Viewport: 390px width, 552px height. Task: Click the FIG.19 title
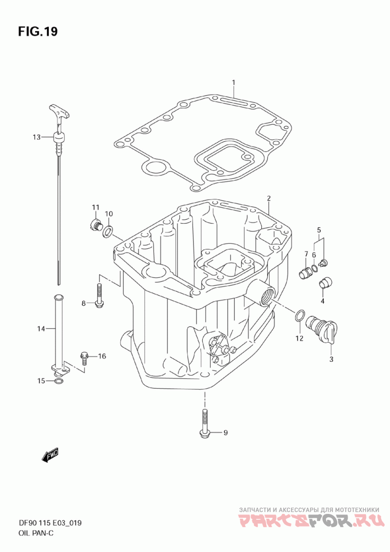point(38,31)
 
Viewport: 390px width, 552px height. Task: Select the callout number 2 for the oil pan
point(269,198)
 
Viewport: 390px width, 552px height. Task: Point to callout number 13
point(37,138)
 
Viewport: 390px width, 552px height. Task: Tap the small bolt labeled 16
point(84,358)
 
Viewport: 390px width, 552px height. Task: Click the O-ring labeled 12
point(299,316)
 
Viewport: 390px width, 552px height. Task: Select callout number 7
point(306,254)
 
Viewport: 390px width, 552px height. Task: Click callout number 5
point(319,230)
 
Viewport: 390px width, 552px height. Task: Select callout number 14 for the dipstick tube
point(41,329)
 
